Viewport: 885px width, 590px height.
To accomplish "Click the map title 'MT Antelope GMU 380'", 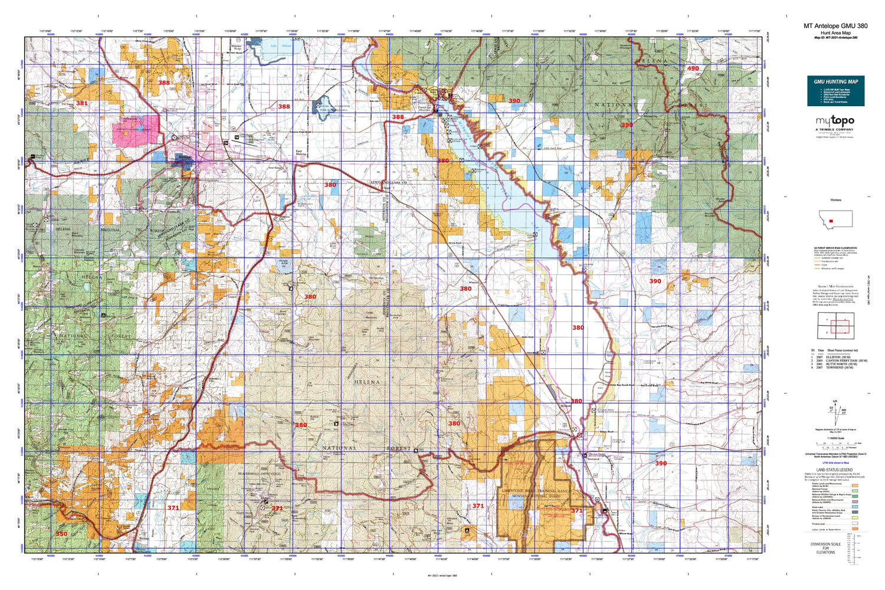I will pos(835,26).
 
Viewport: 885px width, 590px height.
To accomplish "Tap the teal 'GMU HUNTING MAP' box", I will pos(835,91).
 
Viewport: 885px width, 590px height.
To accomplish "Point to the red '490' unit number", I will pos(693,68).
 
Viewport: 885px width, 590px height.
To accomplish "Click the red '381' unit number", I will pos(81,103).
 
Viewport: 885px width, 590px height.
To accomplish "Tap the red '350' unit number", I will pos(61,533).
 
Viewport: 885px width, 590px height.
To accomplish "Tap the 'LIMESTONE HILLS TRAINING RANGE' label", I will pos(536,491).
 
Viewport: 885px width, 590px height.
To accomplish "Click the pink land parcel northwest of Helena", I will pos(136,130).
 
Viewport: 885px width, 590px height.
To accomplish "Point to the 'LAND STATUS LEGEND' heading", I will pos(834,470).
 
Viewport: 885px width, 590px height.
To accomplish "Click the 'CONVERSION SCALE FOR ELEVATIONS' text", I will pos(825,548).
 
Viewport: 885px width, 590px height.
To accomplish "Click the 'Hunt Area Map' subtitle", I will pos(835,33).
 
